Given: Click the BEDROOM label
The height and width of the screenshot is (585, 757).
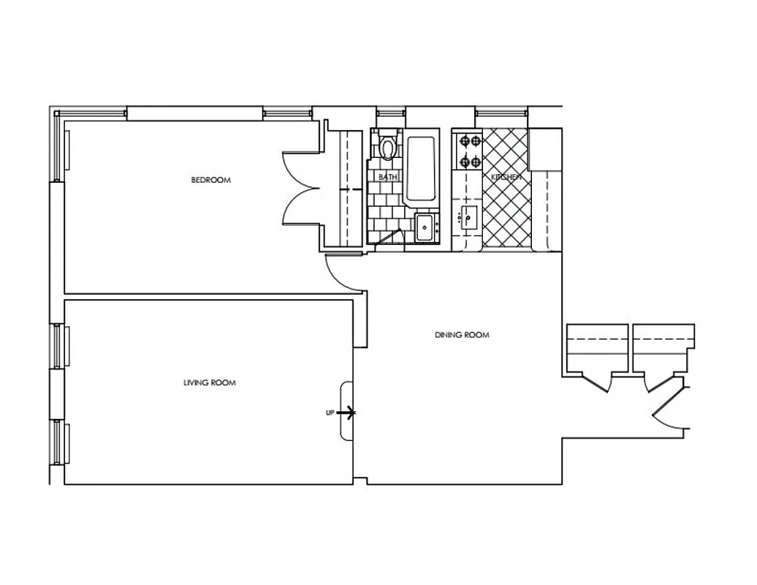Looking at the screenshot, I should click(210, 180).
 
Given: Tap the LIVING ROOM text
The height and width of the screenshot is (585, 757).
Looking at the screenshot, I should click(209, 382).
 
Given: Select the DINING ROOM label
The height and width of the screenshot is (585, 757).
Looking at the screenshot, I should click(462, 335).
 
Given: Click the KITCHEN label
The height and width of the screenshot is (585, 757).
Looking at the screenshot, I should click(506, 178).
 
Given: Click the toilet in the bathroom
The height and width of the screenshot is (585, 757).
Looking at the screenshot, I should click(387, 147).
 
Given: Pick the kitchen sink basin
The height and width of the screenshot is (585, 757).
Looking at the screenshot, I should click(468, 217).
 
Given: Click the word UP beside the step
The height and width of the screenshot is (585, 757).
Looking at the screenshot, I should click(330, 413).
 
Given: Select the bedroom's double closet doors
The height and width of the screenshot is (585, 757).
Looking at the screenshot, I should click(301, 187).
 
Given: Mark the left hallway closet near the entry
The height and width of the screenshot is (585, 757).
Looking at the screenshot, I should click(596, 351).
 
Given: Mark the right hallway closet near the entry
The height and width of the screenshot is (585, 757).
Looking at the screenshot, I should click(662, 351).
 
